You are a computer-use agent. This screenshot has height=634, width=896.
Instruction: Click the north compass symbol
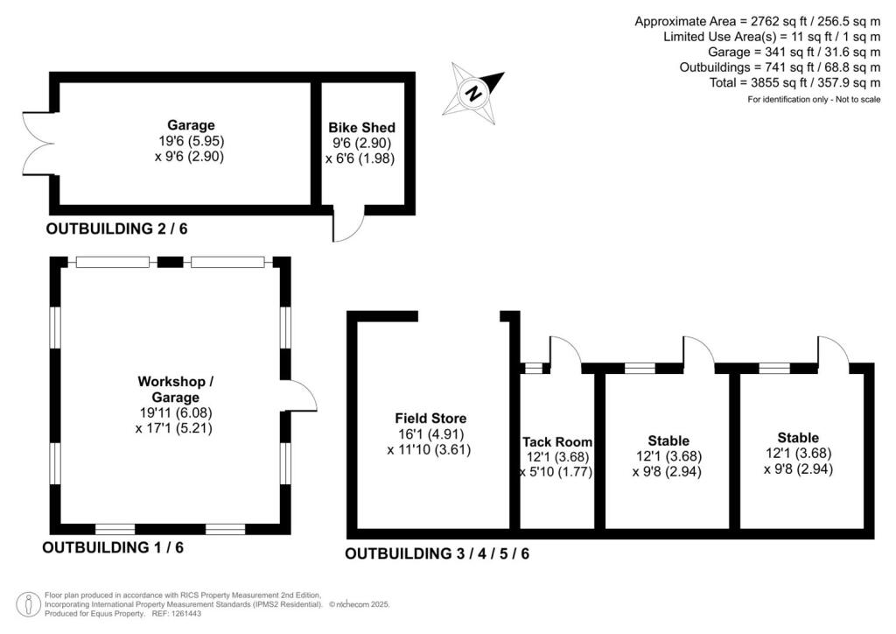(x=473, y=90)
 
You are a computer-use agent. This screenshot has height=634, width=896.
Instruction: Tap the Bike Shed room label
(x=361, y=128)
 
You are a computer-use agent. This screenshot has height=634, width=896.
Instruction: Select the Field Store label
(x=430, y=419)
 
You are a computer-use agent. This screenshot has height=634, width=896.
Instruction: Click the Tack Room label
(x=557, y=442)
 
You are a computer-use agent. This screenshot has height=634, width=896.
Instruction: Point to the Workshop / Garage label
(x=175, y=389)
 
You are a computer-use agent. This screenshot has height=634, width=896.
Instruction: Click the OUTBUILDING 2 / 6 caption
(x=117, y=229)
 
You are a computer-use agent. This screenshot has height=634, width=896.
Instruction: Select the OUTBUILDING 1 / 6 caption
(x=113, y=548)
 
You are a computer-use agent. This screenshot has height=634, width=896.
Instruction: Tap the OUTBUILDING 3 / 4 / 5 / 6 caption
(x=437, y=553)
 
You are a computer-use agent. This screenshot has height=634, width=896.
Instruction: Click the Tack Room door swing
(x=564, y=352)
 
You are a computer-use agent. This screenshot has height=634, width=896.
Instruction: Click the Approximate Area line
(x=757, y=21)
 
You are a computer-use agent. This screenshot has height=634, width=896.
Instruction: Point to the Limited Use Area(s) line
(x=771, y=37)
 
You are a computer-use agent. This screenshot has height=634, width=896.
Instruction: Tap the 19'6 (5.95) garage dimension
(x=191, y=141)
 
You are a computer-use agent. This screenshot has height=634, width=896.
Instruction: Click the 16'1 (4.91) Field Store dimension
(x=430, y=434)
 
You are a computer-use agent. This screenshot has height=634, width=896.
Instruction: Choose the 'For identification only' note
(x=813, y=100)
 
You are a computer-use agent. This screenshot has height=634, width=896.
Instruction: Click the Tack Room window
(x=532, y=368)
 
